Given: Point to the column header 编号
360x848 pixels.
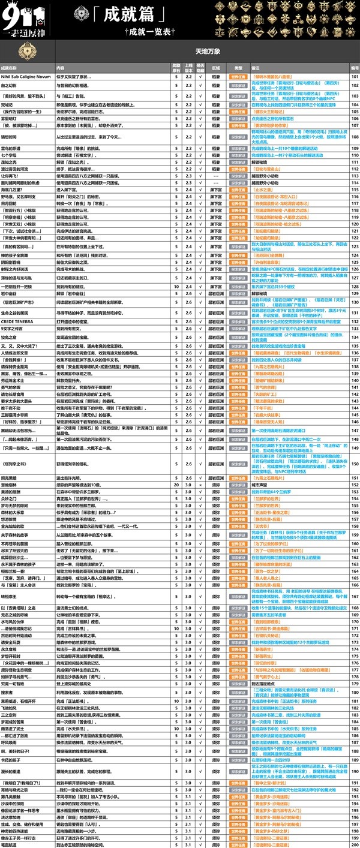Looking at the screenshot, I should [354, 68].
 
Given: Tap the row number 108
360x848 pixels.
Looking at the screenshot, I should [354, 137].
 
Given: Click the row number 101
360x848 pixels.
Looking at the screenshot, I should [354, 77].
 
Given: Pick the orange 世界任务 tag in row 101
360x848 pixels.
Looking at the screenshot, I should [238, 77].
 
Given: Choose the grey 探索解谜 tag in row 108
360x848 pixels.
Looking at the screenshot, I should [238, 137].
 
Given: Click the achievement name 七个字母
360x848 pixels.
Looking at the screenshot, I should [11, 155].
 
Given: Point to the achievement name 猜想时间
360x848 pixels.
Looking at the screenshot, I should [11, 137].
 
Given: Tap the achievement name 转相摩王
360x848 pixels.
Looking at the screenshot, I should [11, 597].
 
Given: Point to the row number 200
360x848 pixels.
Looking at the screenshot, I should [354, 844].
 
